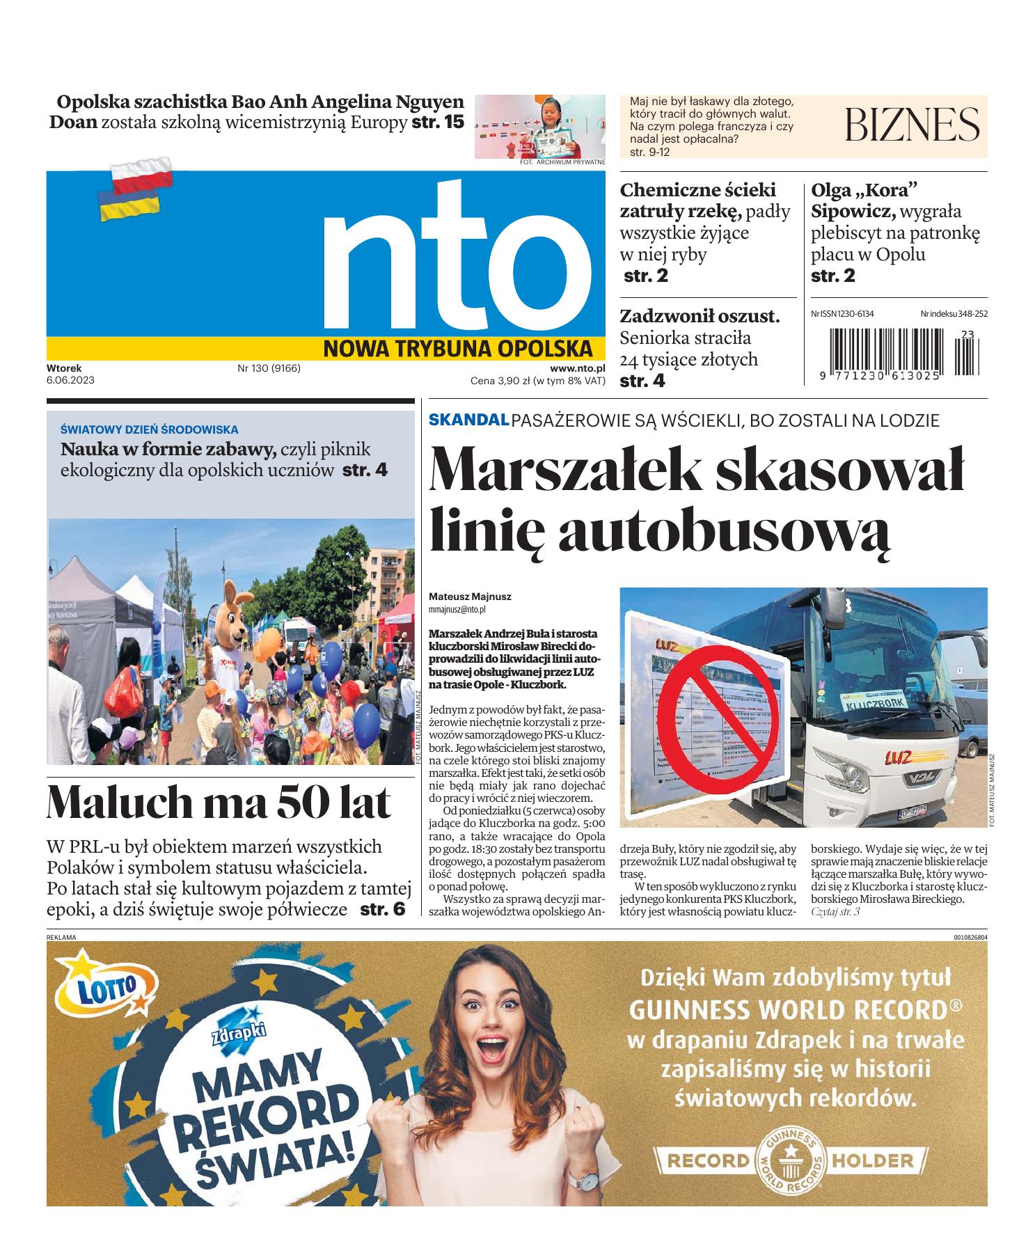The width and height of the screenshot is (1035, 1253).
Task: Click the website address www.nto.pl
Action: pos(578,369)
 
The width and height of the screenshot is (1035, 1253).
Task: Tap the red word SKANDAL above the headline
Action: pos(468,420)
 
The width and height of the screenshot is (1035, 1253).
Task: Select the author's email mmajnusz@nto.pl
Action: pos(457,609)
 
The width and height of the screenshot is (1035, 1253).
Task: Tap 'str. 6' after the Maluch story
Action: pos(382,909)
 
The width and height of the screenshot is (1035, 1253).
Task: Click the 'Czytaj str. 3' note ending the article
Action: pos(835,911)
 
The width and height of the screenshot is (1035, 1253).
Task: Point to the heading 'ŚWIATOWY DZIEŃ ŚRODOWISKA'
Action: pos(149,430)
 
